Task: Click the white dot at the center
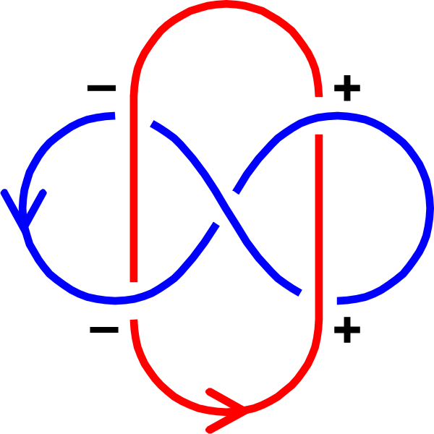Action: tap(226, 208)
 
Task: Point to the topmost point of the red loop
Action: tap(226, 5)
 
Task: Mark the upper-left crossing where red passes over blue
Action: tap(134, 117)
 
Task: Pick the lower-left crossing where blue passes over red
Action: tap(134, 299)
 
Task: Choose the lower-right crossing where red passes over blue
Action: tap(319, 298)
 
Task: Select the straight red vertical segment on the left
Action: tap(134, 195)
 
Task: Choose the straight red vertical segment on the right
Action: tap(319, 217)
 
